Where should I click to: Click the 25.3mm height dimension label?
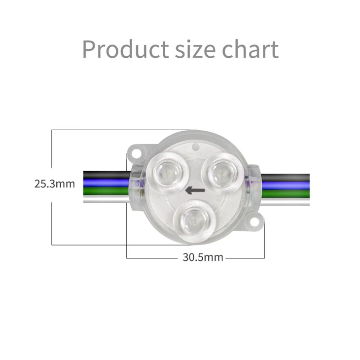tap(55, 184)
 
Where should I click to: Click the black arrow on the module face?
tap(195, 190)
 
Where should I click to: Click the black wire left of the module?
tap(104, 175)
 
